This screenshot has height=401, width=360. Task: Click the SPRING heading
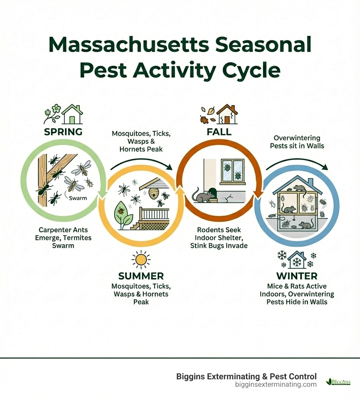click(x=63, y=132)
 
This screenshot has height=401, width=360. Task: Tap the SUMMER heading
click(x=141, y=276)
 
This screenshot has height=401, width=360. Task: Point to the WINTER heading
click(x=297, y=276)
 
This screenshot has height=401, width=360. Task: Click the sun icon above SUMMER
click(x=141, y=260)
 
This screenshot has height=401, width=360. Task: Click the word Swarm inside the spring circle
click(x=78, y=198)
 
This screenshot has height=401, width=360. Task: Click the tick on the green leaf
click(x=120, y=212)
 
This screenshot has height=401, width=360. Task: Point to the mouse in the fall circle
click(x=203, y=196)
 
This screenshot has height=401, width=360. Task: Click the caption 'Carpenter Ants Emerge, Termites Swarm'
click(x=63, y=238)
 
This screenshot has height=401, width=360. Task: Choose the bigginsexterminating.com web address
click(x=276, y=384)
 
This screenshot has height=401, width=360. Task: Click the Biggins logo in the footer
click(x=339, y=382)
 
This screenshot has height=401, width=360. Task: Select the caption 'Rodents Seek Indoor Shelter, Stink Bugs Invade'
click(x=219, y=238)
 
